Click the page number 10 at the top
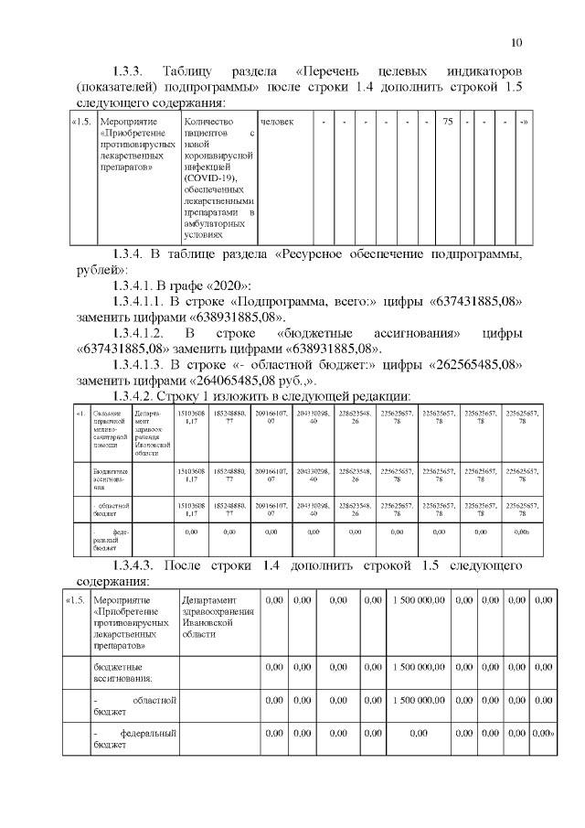[x=516, y=42]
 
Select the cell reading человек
[x=276, y=122]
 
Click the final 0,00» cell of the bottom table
[x=543, y=733]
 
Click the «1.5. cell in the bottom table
[x=75, y=600]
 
